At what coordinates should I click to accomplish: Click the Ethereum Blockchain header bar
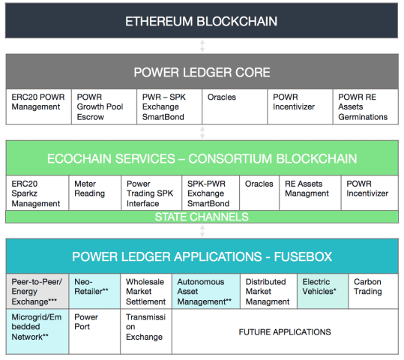pyautogui.click(x=202, y=21)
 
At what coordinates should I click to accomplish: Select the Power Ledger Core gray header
pyautogui.click(x=202, y=72)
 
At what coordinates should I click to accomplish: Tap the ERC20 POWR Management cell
pyautogui.click(x=39, y=106)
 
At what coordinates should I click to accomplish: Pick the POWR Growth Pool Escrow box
pyautogui.click(x=104, y=106)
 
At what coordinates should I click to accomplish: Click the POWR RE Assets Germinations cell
pyautogui.click(x=365, y=106)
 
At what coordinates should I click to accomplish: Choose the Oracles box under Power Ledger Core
pyautogui.click(x=235, y=106)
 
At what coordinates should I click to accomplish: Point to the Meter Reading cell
pyautogui.click(x=94, y=193)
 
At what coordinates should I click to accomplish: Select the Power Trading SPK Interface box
pyautogui.click(x=151, y=193)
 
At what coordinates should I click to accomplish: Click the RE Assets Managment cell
pyautogui.click(x=310, y=193)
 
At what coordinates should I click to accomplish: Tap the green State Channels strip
pyautogui.click(x=202, y=217)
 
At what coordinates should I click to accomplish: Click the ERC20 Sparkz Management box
pyautogui.click(x=37, y=193)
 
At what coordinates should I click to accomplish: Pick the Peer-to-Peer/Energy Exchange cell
pyautogui.click(x=37, y=291)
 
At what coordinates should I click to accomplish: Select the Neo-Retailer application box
pyautogui.click(x=94, y=291)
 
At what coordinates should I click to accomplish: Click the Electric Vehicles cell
pyautogui.click(x=322, y=291)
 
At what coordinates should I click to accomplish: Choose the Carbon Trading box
pyautogui.click(x=373, y=291)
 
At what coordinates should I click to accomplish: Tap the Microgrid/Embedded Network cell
pyautogui.click(x=37, y=331)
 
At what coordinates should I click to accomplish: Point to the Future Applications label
pyautogui.click(x=285, y=332)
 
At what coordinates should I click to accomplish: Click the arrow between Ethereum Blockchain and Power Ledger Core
pyautogui.click(x=202, y=46)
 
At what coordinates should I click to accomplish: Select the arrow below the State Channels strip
pyautogui.click(x=202, y=231)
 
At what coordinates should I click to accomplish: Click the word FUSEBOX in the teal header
pyautogui.click(x=303, y=256)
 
